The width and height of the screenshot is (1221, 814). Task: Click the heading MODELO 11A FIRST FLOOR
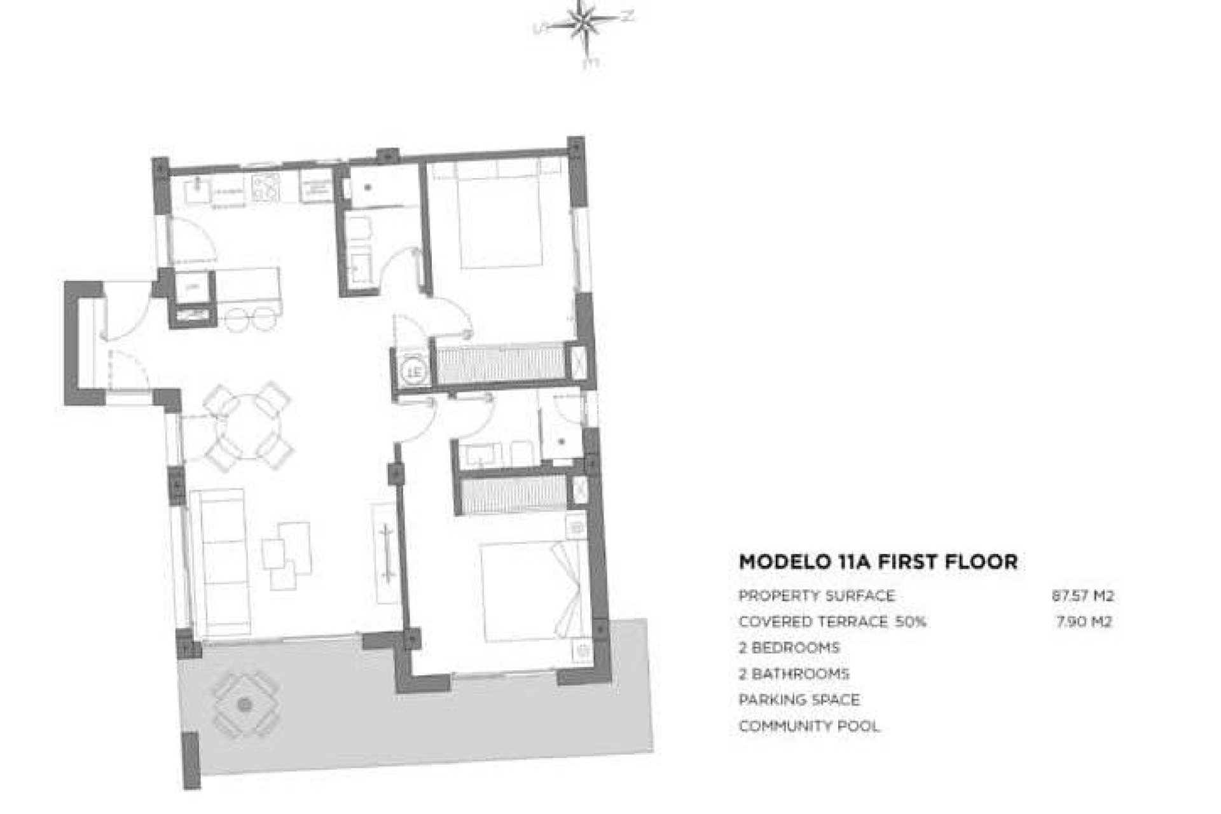click(878, 562)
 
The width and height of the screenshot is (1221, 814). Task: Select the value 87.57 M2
click(1082, 596)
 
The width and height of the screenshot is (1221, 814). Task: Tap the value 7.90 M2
click(1084, 622)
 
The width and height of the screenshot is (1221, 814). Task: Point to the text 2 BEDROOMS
click(789, 648)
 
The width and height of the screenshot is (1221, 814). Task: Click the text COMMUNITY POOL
click(809, 726)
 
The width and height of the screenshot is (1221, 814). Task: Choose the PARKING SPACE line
click(799, 700)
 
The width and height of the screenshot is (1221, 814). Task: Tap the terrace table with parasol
click(244, 705)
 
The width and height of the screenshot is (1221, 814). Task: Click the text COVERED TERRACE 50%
click(832, 622)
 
